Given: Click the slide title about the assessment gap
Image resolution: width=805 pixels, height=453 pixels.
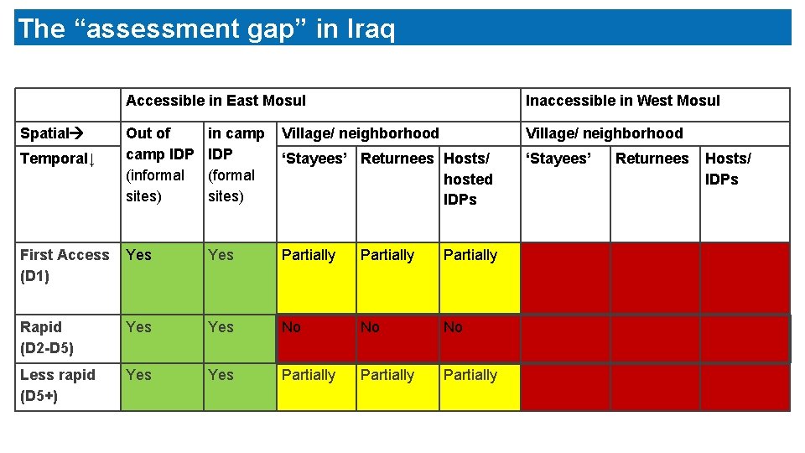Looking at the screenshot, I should tap(206, 29).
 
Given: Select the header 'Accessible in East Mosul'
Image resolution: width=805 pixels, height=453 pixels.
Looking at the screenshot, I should tap(216, 101).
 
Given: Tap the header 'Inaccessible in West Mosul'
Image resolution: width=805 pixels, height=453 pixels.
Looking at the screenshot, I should tap(622, 101).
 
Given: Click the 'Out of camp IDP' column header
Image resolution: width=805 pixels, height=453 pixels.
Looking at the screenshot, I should tap(158, 164).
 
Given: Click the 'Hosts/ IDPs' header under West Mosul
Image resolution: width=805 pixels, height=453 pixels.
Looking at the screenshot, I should tap(728, 169).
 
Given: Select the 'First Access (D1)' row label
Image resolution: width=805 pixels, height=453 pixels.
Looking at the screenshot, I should tap(65, 265).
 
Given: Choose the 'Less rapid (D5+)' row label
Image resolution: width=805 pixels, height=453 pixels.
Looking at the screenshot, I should tap(58, 385).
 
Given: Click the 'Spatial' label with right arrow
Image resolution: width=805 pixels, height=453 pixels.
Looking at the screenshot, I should tap(49, 133).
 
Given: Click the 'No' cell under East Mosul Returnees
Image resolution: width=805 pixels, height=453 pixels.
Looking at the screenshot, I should tap(370, 327).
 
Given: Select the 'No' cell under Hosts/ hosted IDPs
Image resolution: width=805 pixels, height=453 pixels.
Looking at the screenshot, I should tap(453, 327).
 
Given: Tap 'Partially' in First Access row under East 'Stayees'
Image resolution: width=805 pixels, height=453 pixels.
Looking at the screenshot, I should tap(309, 255).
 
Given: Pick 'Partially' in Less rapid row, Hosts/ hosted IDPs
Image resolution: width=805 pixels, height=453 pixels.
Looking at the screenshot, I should tap(470, 375).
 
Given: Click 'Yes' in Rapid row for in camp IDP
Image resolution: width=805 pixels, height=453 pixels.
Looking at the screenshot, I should tap(221, 327).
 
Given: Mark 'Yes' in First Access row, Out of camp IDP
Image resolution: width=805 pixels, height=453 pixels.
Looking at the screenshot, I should tap(139, 255).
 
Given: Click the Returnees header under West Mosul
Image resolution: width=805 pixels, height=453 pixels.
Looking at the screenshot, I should tap(652, 159).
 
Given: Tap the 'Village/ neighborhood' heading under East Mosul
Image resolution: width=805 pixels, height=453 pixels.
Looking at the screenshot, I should tap(361, 133).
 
